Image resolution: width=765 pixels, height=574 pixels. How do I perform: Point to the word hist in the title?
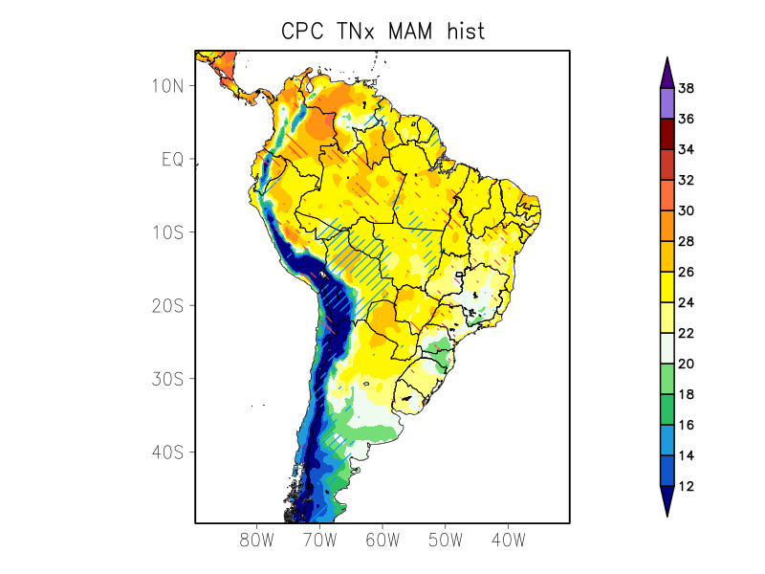pyautogui.click(x=463, y=31)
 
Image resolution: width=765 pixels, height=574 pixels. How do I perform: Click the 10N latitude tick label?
pyautogui.click(x=167, y=86)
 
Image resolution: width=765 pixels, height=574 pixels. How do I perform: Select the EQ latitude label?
pyautogui.click(x=172, y=159)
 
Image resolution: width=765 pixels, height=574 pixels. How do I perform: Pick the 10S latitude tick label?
pyautogui.click(x=167, y=232)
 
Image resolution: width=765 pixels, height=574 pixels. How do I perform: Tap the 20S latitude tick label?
pyautogui.click(x=167, y=305)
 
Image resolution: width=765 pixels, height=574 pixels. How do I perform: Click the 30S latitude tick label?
pyautogui.click(x=167, y=379)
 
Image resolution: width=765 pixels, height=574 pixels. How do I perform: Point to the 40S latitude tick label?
pyautogui.click(x=167, y=452)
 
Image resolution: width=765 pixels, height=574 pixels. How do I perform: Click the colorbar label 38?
pyautogui.click(x=686, y=89)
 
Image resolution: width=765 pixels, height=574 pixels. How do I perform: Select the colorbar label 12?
pyautogui.click(x=686, y=487)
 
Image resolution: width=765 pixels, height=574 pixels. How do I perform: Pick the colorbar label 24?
pyautogui.click(x=686, y=303)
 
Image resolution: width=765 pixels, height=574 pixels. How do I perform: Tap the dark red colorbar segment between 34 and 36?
pyautogui.click(x=667, y=134)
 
